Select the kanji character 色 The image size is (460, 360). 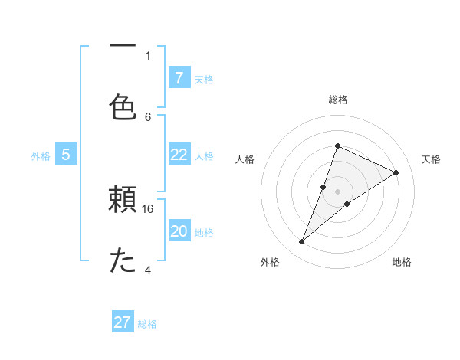tap(123, 106)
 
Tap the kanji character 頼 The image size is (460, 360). tap(123, 201)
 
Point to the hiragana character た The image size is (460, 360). tap(123, 260)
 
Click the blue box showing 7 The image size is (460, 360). tap(179, 77)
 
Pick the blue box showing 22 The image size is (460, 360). tap(179, 155)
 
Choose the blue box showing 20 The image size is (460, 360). tap(179, 232)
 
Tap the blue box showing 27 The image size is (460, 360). tap(123, 322)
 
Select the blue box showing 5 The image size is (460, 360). tap(66, 155)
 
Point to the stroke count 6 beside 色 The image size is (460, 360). tap(148, 116)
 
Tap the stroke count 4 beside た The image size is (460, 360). tap(148, 270)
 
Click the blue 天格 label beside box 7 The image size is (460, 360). tap(204, 79)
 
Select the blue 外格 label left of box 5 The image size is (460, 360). tap(41, 156)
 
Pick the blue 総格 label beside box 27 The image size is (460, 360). tap(147, 324)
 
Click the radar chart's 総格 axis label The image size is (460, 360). tap(337, 100)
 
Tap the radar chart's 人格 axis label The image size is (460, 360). tap(245, 159)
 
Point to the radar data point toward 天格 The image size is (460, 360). tap(396, 172)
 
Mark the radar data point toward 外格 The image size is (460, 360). tap(301, 242)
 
